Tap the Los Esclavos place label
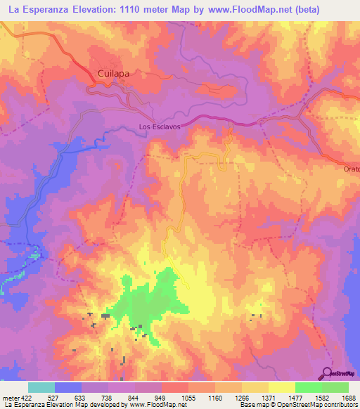click(160, 127)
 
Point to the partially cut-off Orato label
click(351, 170)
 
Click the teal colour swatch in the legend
click(41, 387)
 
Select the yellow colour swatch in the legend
click(281, 387)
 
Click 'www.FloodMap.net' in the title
click(238, 10)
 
